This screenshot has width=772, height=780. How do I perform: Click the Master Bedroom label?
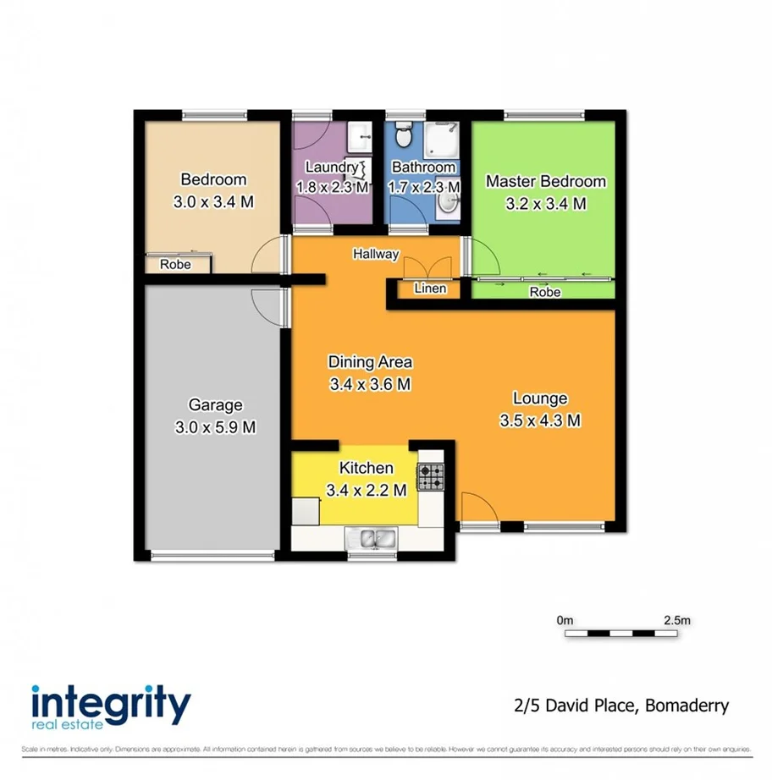coord(545,181)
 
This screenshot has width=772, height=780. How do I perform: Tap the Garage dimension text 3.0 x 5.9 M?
coord(215,427)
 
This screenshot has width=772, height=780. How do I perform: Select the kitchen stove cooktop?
coord(430,479)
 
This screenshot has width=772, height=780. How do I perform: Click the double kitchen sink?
coord(372,538)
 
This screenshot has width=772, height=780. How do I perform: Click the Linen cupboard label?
coord(429,288)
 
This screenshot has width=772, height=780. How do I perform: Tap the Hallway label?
coord(376,253)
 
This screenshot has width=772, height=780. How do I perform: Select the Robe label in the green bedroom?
coord(544,293)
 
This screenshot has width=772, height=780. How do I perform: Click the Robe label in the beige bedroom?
coord(175,265)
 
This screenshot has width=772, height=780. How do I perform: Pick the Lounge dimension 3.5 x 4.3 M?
coord(539,420)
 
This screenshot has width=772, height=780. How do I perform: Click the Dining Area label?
coord(370,362)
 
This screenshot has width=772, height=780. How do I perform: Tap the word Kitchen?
coord(366,468)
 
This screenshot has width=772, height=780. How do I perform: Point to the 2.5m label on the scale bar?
coord(677,620)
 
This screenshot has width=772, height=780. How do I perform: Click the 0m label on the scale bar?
coord(565,620)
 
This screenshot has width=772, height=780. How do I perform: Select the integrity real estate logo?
coord(110,706)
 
